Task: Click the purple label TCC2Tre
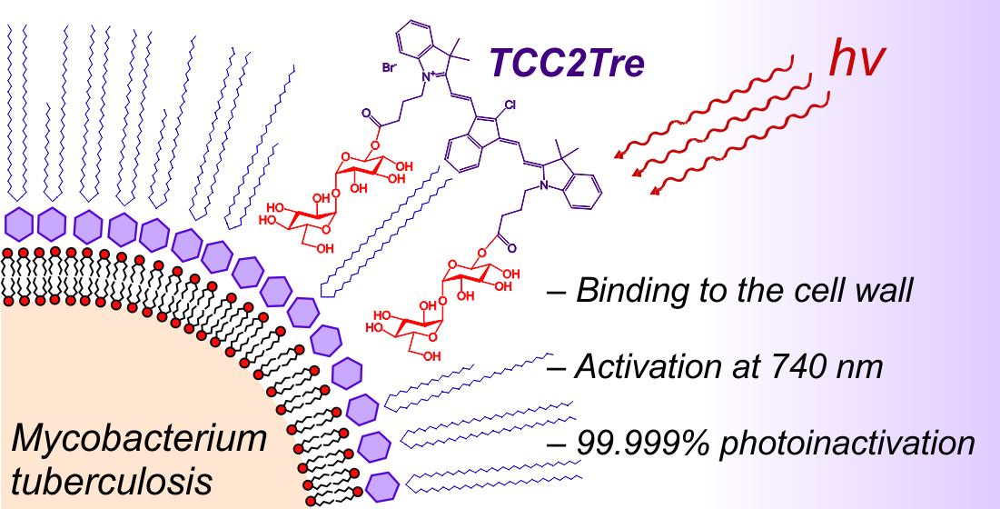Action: pos(568,61)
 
